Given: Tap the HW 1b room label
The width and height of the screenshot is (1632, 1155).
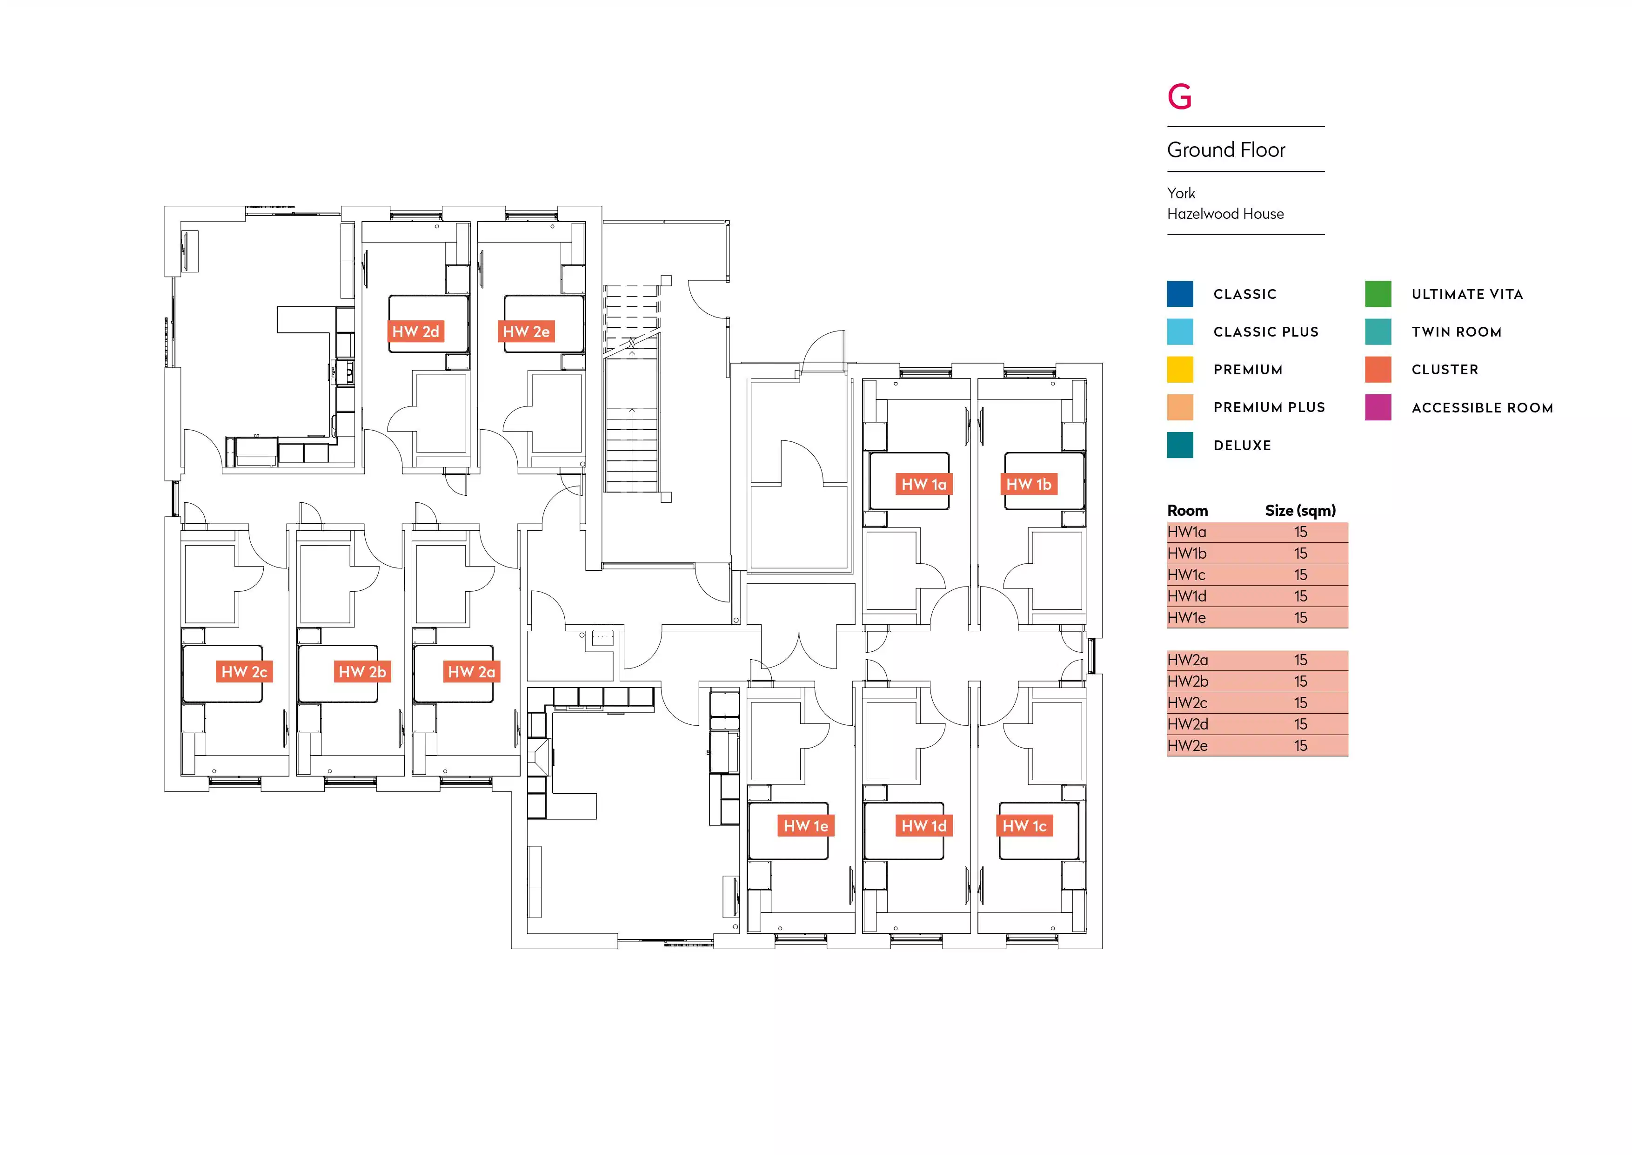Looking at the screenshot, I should [1029, 484].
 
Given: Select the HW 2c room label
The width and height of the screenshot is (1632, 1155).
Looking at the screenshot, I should [244, 672].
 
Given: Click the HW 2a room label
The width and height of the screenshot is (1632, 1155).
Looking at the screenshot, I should [471, 672].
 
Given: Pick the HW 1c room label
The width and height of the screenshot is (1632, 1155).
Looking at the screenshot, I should [1024, 826].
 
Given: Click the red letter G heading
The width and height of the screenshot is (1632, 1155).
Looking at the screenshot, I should [1179, 97].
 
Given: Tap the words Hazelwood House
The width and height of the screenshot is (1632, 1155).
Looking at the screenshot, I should [1225, 214].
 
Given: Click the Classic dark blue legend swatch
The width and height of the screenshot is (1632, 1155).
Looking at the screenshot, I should [1180, 294].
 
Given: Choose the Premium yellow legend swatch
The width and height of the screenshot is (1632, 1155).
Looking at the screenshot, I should [1180, 370].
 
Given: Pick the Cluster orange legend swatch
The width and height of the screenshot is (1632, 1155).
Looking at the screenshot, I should [1378, 370].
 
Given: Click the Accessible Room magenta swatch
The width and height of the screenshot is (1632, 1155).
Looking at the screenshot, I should [1378, 407].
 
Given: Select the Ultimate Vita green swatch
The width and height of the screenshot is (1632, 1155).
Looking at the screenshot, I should [1378, 294].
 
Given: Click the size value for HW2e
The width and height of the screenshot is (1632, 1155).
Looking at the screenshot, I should [1300, 745].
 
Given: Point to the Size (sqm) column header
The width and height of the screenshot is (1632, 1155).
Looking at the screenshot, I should [1300, 511].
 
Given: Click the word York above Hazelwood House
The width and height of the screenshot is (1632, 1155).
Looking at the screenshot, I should [1181, 194].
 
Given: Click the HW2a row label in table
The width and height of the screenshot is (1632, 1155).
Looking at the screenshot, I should [1187, 660].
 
